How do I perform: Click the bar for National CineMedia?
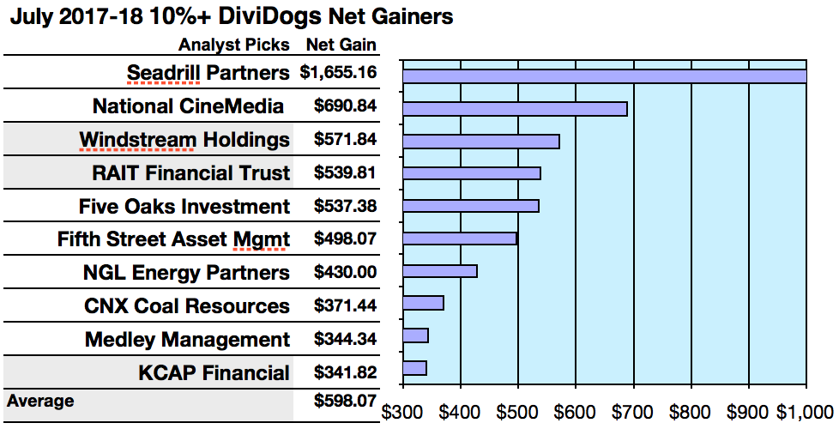[515, 109]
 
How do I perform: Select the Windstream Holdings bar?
[480, 142]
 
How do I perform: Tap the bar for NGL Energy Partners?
[439, 271]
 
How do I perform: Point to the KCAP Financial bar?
[414, 368]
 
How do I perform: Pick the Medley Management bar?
[415, 335]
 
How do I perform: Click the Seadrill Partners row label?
[208, 73]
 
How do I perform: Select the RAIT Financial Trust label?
[191, 173]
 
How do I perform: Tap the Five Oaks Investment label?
[184, 207]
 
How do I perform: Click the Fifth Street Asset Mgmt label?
[173, 239]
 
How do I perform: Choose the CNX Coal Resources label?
[187, 306]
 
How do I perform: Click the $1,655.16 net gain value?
[339, 73]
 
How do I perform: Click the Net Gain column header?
[341, 45]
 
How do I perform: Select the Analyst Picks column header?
[234, 45]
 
